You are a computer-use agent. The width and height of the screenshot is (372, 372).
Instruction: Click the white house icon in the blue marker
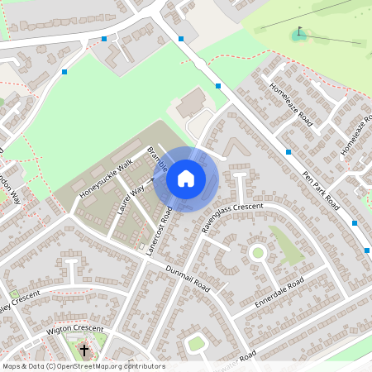[x=186, y=179]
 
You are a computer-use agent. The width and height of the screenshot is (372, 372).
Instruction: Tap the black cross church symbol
[x=83, y=351]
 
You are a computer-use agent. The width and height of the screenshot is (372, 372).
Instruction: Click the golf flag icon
[x=298, y=33]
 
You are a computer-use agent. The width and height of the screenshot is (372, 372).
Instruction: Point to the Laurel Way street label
[x=131, y=199]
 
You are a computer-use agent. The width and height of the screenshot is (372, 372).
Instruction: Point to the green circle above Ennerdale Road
[x=257, y=252]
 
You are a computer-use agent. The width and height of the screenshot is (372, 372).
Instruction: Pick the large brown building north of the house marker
[x=193, y=103]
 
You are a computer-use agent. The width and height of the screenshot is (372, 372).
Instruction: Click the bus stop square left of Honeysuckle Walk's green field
[x=64, y=72]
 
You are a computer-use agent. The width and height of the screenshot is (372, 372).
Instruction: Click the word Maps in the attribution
[x=11, y=366]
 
